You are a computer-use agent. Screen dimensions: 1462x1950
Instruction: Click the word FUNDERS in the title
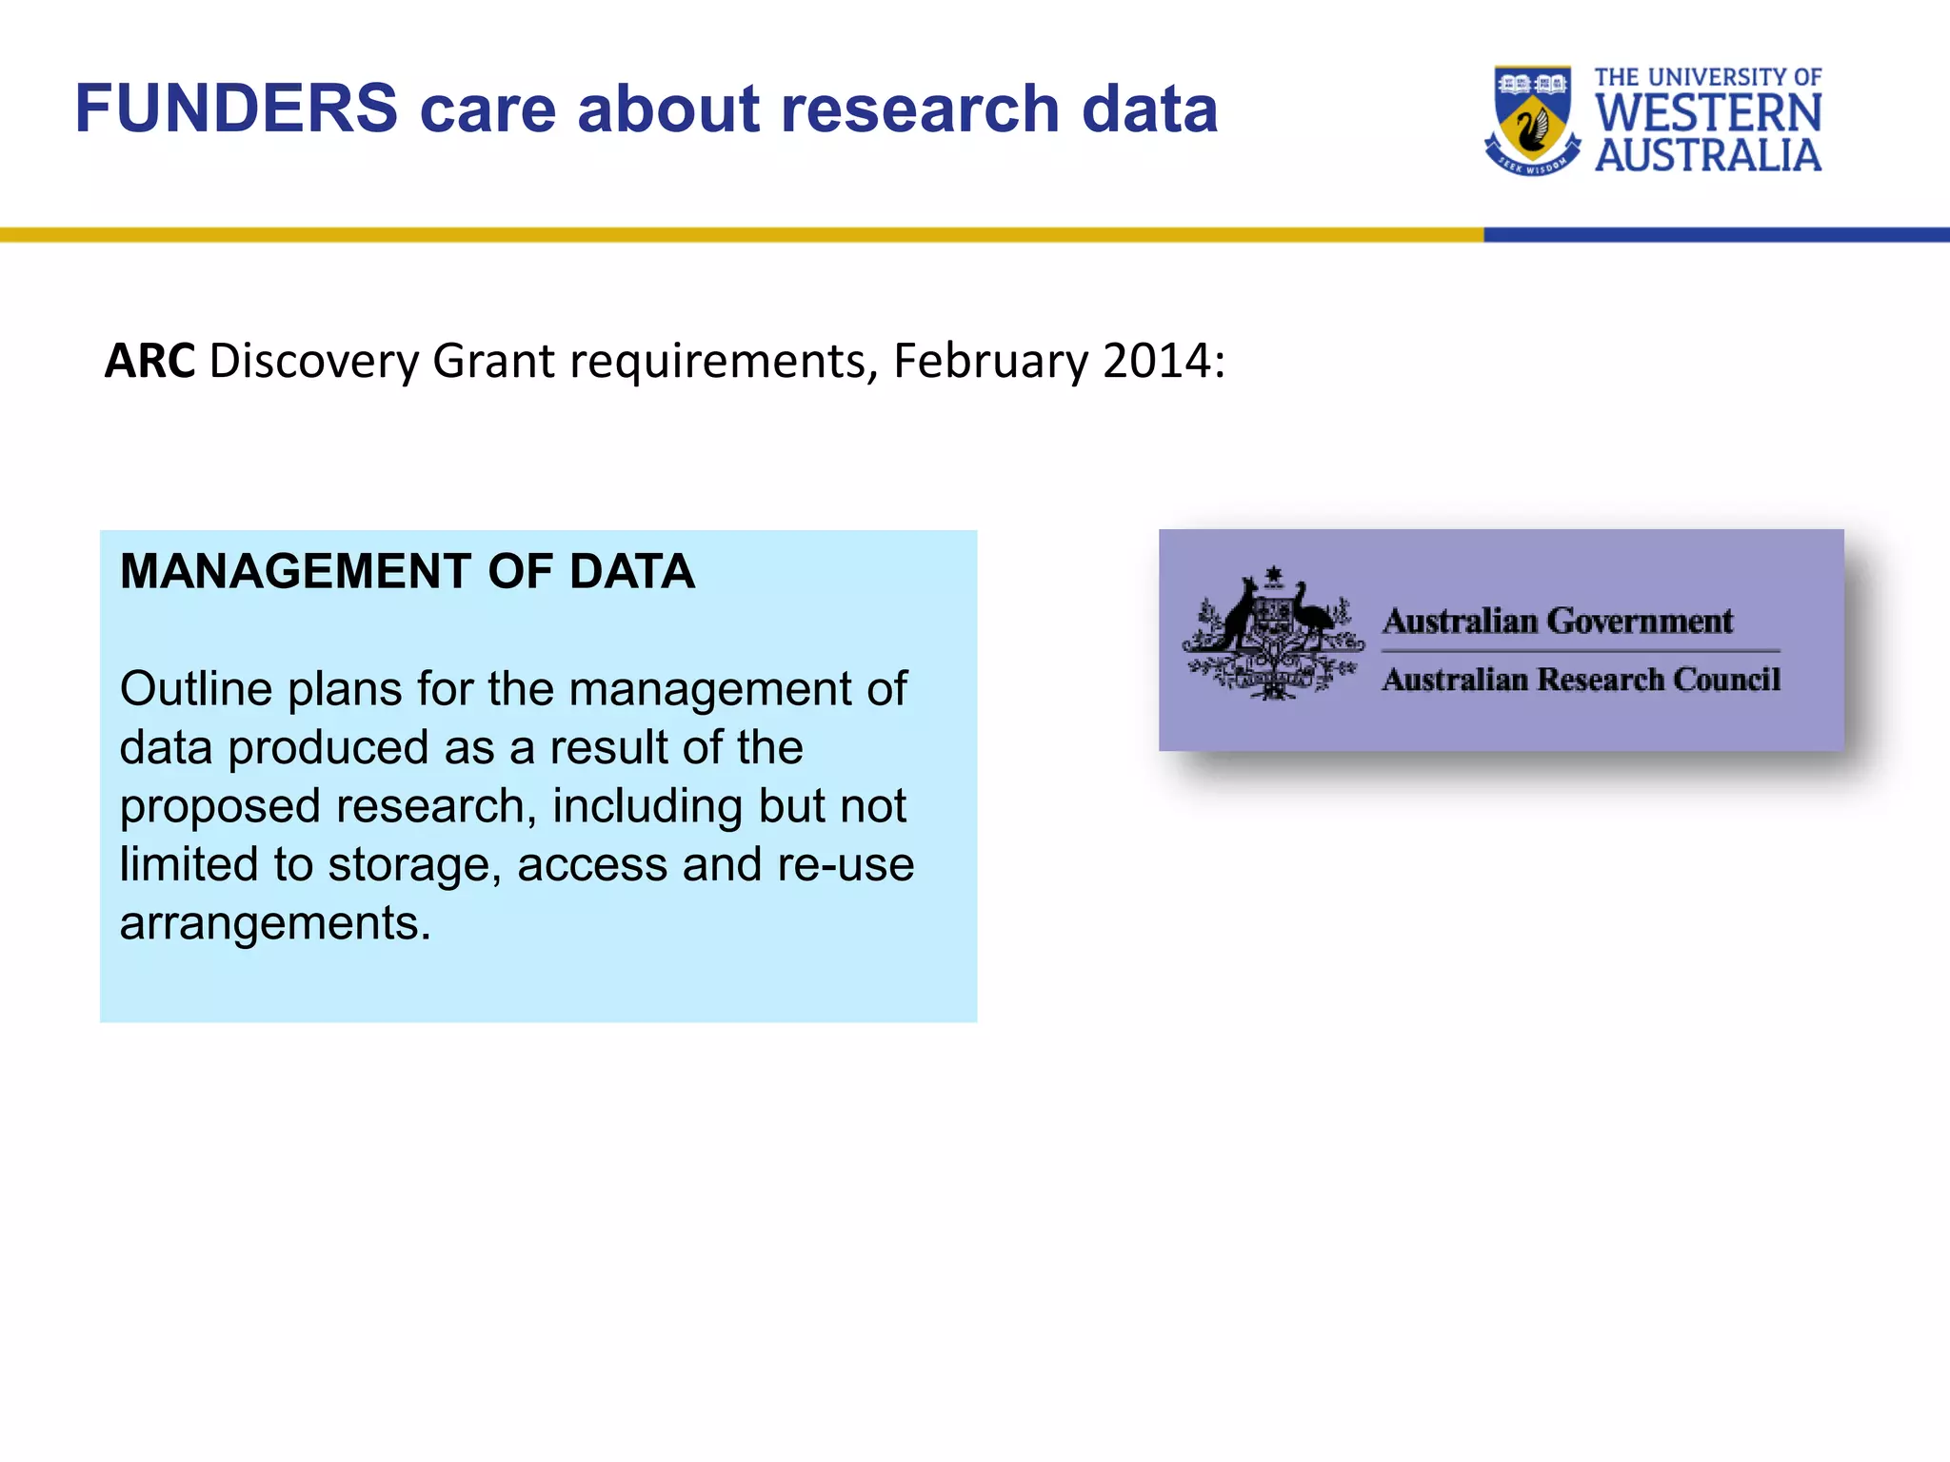pyautogui.click(x=236, y=109)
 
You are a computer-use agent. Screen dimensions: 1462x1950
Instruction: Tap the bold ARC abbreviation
pyautogui.click(x=149, y=362)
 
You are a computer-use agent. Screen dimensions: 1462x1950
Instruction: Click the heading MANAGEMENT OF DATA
pyautogui.click(x=408, y=572)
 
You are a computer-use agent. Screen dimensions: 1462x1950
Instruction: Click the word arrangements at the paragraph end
pyautogui.click(x=274, y=923)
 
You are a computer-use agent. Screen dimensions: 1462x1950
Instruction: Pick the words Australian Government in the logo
pyautogui.click(x=1558, y=622)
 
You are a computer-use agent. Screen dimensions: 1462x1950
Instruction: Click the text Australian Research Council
pyautogui.click(x=1581, y=680)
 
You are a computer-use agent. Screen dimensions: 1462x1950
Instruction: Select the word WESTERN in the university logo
pyautogui.click(x=1708, y=113)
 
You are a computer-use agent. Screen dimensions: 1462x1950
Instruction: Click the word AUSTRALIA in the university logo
pyautogui.click(x=1708, y=155)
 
